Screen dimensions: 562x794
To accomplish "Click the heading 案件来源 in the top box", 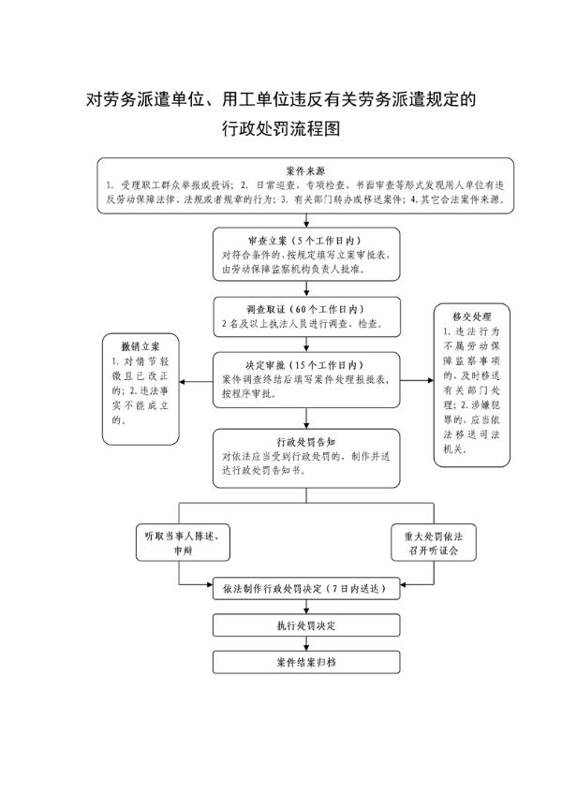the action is [305, 171].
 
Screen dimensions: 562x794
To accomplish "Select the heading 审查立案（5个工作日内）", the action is [306, 241].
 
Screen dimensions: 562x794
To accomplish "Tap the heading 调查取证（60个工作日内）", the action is [306, 309].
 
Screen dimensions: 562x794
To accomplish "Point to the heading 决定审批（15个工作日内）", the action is [306, 364].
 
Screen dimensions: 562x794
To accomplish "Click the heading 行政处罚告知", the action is [306, 442].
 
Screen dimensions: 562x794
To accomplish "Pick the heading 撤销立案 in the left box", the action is [140, 346].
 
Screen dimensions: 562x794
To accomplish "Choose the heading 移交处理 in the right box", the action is [472, 316].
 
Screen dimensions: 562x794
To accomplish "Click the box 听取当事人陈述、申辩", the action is [183, 542].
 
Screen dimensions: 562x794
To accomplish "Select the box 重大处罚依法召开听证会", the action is [434, 542].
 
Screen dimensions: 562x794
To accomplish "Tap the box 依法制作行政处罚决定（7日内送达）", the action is [306, 588].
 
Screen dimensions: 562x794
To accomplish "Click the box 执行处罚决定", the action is [306, 625].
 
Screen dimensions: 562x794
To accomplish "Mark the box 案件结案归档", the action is [306, 662].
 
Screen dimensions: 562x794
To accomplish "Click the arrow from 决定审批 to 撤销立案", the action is [196, 381].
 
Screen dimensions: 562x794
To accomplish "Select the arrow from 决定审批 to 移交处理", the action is [417, 380].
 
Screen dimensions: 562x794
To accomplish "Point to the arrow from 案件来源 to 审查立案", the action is [306, 220].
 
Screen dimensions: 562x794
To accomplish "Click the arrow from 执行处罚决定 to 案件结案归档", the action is [306, 643].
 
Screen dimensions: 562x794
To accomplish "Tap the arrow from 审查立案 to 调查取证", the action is [306, 288].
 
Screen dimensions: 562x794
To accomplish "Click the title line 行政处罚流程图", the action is [281, 128].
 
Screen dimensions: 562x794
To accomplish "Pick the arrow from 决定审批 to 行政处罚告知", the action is [306, 419].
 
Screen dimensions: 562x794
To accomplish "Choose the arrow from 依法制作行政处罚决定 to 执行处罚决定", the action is [306, 607].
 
